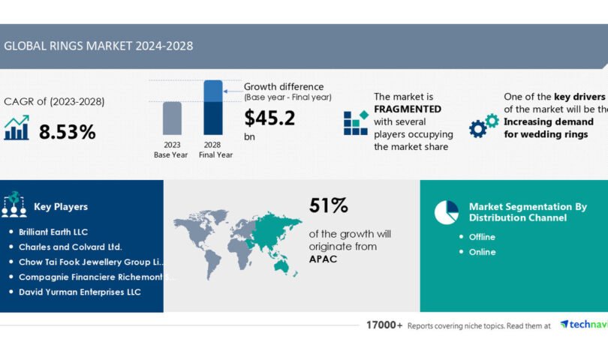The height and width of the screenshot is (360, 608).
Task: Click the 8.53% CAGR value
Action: click(68, 132)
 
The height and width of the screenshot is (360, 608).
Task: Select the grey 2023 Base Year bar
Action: click(172, 119)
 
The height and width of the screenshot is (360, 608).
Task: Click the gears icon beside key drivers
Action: click(483, 125)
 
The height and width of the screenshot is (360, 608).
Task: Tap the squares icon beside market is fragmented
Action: click(356, 123)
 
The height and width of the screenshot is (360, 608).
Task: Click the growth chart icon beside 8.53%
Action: click(17, 128)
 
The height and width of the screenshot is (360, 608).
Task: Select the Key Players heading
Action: click(61, 206)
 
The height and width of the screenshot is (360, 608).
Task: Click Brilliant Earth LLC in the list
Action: click(53, 232)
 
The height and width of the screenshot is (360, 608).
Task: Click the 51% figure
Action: click(328, 205)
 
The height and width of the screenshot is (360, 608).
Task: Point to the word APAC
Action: click(324, 259)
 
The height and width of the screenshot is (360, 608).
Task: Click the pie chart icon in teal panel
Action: click(447, 212)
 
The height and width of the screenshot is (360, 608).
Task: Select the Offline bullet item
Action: click(482, 237)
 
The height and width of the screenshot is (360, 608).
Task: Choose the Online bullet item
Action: click(482, 252)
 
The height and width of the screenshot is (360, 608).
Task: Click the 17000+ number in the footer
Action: click(384, 325)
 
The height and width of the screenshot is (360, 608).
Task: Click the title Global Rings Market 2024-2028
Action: click(98, 46)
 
